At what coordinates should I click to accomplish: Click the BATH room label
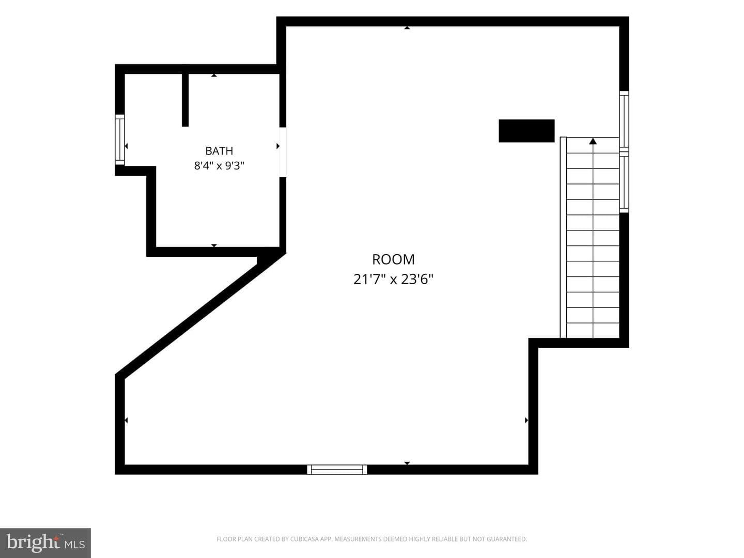(x=219, y=151)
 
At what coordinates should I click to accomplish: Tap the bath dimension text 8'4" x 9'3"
(x=219, y=166)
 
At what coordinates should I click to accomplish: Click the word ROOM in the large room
(x=393, y=259)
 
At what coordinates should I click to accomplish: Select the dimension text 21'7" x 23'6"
(x=393, y=280)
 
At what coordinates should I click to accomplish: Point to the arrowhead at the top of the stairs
(x=593, y=141)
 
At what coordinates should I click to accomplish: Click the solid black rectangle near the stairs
(x=526, y=131)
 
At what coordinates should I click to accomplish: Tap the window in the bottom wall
(x=337, y=470)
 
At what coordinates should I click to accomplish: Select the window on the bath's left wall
(x=120, y=139)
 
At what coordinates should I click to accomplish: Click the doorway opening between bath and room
(x=283, y=152)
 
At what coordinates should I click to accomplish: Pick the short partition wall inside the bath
(x=185, y=100)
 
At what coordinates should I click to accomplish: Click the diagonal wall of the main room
(x=200, y=315)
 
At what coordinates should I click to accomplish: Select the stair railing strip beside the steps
(x=563, y=237)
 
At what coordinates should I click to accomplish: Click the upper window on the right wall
(x=624, y=121)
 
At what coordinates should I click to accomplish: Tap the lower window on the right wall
(x=624, y=182)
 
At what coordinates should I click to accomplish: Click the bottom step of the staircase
(x=593, y=330)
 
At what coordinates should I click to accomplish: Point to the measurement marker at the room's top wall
(x=407, y=28)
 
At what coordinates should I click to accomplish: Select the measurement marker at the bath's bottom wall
(x=214, y=245)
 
